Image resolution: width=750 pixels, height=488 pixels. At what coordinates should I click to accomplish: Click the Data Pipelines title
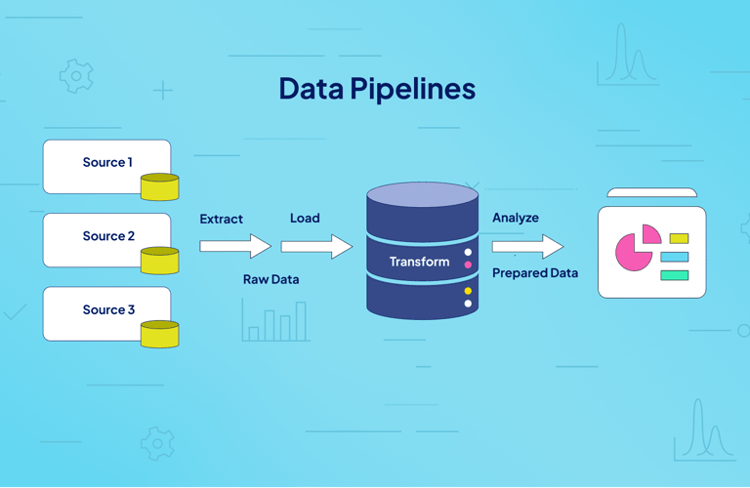click(377, 89)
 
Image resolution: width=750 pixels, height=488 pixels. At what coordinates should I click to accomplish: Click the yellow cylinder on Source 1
click(159, 186)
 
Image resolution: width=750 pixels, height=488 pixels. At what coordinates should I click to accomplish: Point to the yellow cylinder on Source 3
click(159, 334)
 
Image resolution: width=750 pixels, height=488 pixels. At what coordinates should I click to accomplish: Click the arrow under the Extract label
click(234, 246)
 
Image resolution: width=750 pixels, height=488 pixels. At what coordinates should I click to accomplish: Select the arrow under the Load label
click(316, 246)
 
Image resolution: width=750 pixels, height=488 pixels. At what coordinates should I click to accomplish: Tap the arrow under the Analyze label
click(527, 246)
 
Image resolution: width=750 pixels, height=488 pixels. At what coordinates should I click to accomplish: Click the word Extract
click(222, 219)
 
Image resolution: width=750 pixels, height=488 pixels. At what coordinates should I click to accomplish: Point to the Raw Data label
click(271, 279)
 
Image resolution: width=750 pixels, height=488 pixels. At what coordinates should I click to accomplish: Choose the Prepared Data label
click(535, 273)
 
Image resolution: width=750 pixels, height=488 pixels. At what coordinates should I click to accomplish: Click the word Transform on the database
click(420, 262)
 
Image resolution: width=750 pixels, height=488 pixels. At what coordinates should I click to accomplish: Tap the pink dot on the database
click(468, 264)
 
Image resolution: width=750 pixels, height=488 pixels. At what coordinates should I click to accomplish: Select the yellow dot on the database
click(468, 291)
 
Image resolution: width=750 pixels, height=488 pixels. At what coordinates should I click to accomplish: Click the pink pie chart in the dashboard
click(634, 252)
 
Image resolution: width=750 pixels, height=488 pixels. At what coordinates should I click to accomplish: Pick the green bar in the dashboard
click(674, 275)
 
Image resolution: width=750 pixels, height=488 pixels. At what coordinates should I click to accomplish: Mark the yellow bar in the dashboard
click(679, 238)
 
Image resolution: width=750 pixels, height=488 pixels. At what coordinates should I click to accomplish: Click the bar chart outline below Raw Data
click(276, 322)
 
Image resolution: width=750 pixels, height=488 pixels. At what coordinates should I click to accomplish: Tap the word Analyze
click(516, 218)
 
